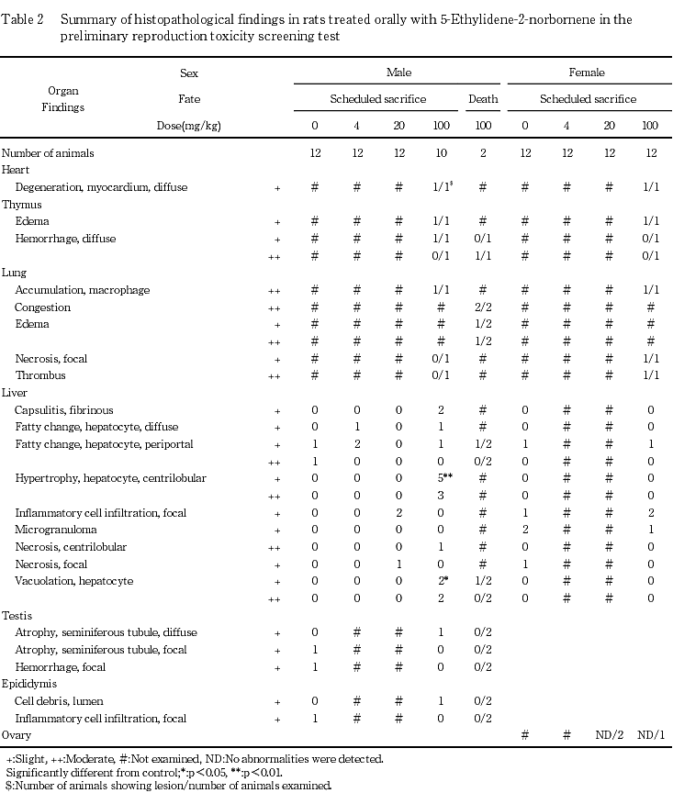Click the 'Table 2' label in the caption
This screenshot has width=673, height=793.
[x=23, y=19]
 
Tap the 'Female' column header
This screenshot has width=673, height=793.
[x=587, y=73]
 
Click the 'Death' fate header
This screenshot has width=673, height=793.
[x=483, y=99]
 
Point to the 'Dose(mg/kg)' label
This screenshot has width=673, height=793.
[x=189, y=126]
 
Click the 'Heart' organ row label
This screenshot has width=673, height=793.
[x=16, y=170]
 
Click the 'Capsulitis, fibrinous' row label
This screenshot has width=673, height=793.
[x=64, y=410]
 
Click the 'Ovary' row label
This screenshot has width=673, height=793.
[x=17, y=735]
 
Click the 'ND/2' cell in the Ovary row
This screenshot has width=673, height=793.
[x=610, y=735]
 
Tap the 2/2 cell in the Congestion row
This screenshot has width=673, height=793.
[x=483, y=307]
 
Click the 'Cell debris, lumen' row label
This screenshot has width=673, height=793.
[x=57, y=701]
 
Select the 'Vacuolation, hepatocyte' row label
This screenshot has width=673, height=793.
[x=73, y=581]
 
